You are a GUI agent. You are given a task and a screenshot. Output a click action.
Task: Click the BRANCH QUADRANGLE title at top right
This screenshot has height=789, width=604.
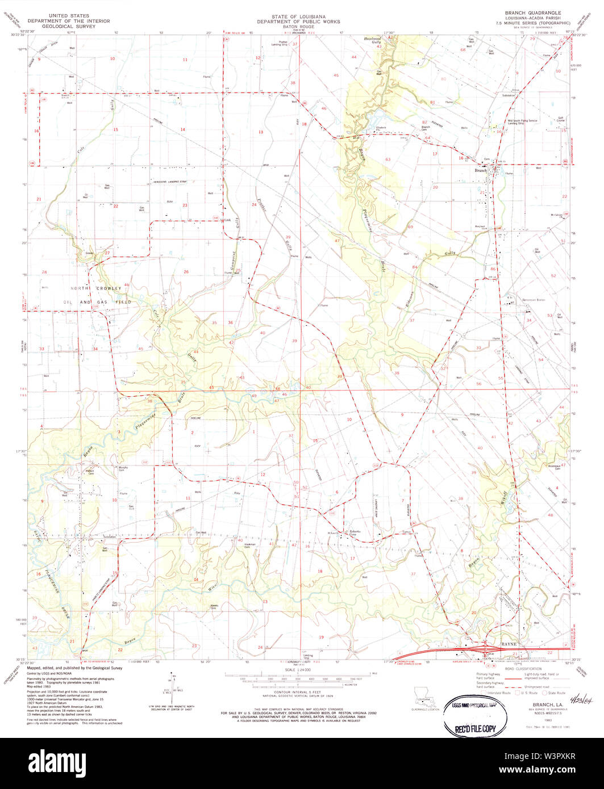coord(520,12)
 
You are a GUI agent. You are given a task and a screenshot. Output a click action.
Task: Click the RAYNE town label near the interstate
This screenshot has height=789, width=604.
coord(507,644)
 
